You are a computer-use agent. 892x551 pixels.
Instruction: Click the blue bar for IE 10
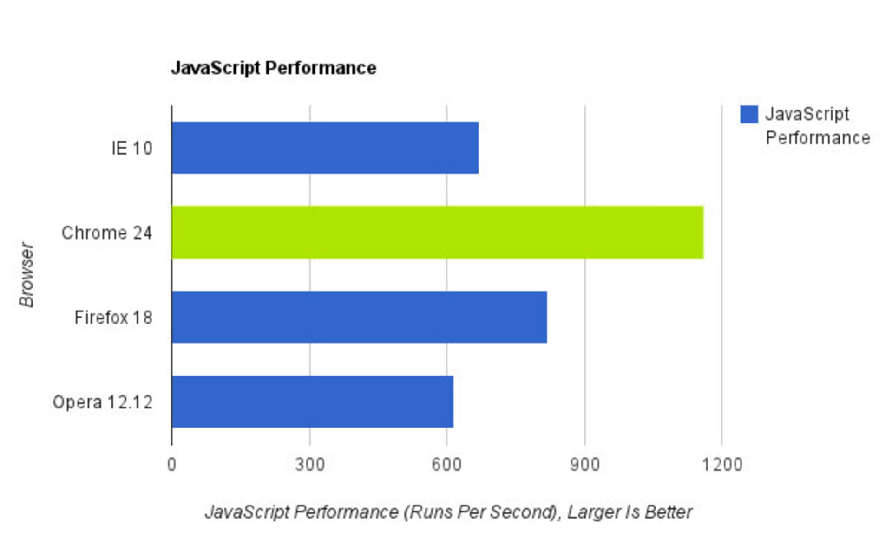(325, 148)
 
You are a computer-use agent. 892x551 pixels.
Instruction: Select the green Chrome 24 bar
(437, 232)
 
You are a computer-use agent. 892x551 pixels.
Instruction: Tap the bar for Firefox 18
(359, 317)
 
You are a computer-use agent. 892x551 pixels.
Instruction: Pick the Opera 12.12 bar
(312, 402)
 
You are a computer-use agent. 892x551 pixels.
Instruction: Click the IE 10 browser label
(132, 149)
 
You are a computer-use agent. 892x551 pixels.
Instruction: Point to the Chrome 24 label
(107, 233)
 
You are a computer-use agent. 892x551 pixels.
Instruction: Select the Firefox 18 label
(113, 318)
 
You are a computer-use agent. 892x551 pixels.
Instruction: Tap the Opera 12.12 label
(103, 402)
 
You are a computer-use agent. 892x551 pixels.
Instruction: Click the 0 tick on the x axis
(171, 465)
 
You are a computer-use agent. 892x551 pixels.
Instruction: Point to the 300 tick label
(310, 465)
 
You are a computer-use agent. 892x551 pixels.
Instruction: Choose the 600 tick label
(446, 465)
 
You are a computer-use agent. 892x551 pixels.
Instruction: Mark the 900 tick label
(585, 465)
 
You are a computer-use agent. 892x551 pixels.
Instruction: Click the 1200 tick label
(722, 465)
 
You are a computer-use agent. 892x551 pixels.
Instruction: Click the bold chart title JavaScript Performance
(273, 68)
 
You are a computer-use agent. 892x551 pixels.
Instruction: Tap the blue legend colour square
(749, 114)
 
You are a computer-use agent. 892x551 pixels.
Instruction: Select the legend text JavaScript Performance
(817, 126)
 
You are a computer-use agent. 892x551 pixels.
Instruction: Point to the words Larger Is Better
(630, 512)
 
